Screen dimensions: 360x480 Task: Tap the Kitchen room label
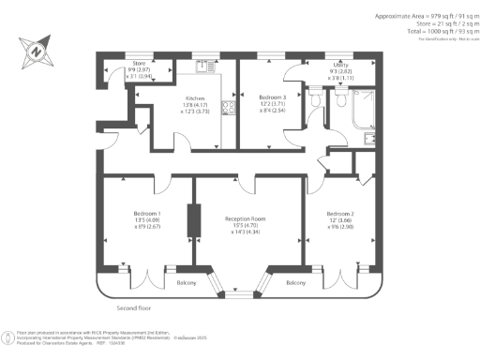[168, 97]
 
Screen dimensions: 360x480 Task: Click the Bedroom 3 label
[272, 97]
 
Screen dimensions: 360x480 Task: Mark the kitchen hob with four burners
[225, 107]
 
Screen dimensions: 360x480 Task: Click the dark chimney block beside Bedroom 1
[194, 221]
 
